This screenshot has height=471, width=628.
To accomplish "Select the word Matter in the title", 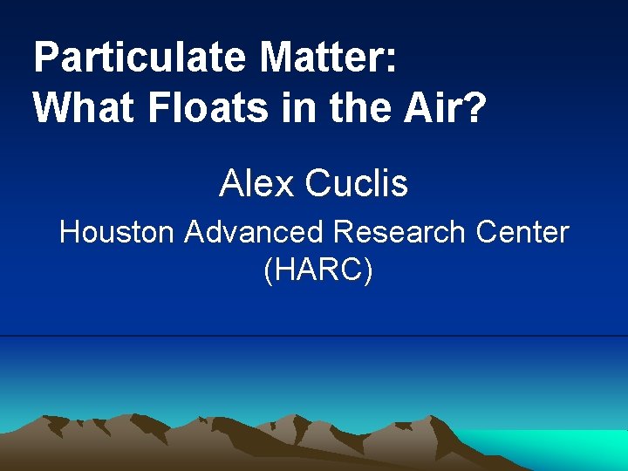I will coord(322,58).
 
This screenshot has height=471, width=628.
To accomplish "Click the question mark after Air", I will coord(473,108).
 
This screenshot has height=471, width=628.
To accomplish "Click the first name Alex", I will coord(256,184).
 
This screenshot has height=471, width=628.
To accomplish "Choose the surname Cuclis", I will coord(357,184).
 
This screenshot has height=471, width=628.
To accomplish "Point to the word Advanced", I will coord(253,233).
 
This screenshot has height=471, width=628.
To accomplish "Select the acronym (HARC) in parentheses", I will coord(317,270).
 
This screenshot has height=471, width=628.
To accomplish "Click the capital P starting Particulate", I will coord(44,58).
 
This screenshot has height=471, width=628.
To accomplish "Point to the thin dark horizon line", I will coord(314,336).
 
